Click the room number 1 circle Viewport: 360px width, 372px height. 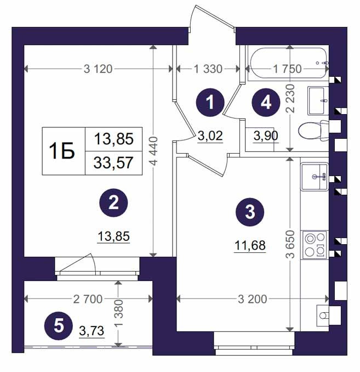(x=210, y=103)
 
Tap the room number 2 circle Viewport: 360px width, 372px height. (x=113, y=203)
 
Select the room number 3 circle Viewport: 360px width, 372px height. (x=250, y=212)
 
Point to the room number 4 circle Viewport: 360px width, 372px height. (x=266, y=103)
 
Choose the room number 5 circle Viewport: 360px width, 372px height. (x=59, y=326)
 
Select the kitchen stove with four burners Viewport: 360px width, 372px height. (x=315, y=245)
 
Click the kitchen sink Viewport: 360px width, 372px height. (x=315, y=177)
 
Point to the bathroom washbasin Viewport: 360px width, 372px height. (x=318, y=101)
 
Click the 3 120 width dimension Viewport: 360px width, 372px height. (x=98, y=69)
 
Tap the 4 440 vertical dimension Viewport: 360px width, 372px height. (x=153, y=151)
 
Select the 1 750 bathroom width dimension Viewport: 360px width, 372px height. (x=287, y=69)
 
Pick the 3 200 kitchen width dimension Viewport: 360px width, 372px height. (x=253, y=299)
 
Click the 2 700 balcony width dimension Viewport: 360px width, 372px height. (x=88, y=299)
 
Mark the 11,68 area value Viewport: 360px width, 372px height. (x=250, y=245)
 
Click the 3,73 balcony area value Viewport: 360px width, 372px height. (x=92, y=331)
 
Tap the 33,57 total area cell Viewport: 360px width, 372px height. (x=113, y=163)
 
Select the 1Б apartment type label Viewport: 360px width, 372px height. (x=62, y=151)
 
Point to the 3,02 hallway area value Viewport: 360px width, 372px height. (x=210, y=136)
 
